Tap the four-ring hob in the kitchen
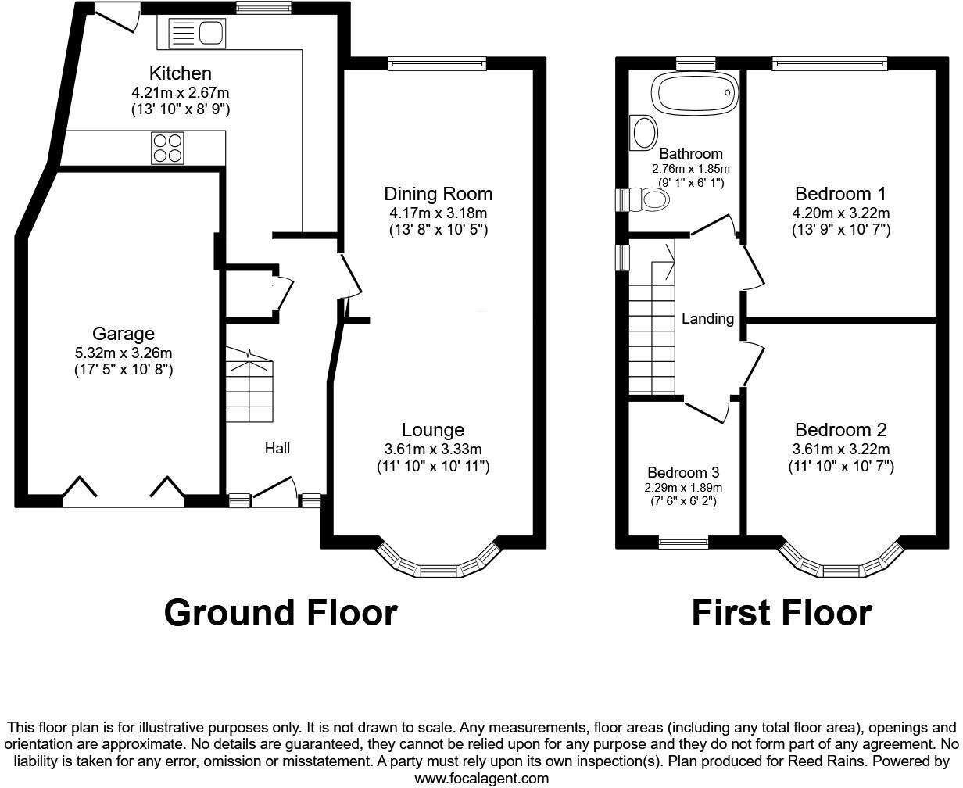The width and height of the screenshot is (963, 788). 166,148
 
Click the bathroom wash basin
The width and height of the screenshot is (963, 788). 644,133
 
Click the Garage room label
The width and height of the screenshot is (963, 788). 124,335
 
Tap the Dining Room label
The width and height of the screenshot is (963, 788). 438,194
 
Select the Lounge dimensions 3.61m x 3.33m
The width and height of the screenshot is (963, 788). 432,449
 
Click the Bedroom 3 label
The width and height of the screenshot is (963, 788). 682,473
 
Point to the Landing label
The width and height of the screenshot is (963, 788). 707,319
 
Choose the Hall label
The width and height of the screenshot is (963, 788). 277,448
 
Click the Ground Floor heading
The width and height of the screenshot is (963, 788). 280,613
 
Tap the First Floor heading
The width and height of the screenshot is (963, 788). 781,613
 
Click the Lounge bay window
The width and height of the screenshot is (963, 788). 438,564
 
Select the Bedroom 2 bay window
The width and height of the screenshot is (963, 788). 841,564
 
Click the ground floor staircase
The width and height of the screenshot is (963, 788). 249,386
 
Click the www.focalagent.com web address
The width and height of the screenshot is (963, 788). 481,779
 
